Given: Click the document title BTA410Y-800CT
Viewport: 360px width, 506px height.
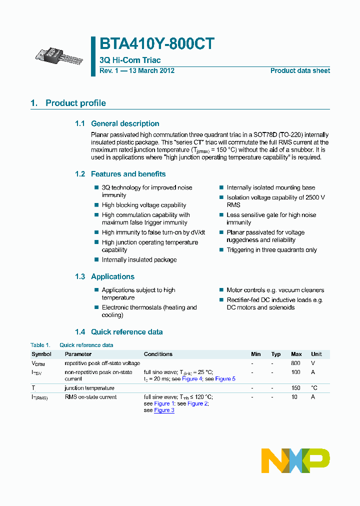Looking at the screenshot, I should pos(157,44).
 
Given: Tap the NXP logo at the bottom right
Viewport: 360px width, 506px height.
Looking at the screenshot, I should pos(295,460).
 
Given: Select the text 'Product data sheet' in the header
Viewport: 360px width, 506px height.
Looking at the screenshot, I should pos(300,71).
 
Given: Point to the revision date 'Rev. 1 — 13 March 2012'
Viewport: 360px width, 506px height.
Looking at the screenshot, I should pos(137,71).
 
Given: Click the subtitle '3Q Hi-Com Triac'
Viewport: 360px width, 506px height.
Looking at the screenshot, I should pos(130,60).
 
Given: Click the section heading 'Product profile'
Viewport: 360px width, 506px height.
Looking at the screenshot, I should pos(75,103).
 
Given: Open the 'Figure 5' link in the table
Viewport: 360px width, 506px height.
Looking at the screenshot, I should pos(225,379).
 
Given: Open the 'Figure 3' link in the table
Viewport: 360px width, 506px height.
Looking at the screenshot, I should pos(164,410).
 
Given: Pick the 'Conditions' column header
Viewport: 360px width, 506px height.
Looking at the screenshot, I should pos(158,354).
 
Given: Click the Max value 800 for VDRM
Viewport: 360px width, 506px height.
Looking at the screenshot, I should pos(295,363).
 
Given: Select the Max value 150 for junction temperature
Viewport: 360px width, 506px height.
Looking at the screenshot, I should pos(295,388).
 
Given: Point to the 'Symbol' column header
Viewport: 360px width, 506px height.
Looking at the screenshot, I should pos(41,354).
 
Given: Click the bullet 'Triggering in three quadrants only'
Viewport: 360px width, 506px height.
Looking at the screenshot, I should pos(271,250).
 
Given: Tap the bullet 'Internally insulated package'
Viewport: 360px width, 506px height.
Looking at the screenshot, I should pos(139,260).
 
